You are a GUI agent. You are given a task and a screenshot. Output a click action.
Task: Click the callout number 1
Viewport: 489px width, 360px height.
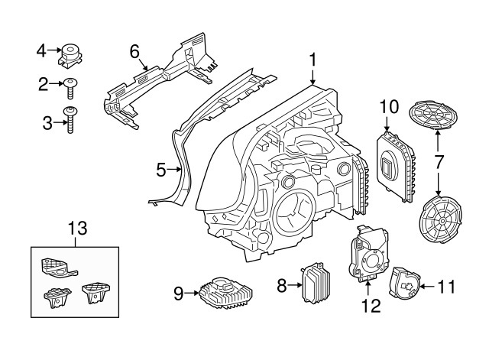click(312, 59)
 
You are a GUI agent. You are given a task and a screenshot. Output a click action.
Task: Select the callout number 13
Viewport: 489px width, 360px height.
click(78, 228)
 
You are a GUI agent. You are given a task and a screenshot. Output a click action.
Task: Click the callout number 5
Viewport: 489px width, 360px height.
click(161, 170)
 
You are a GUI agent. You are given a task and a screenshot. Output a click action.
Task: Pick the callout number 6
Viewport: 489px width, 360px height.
click(134, 52)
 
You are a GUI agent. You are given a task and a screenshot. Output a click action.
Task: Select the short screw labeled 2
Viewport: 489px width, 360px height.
click(71, 88)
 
